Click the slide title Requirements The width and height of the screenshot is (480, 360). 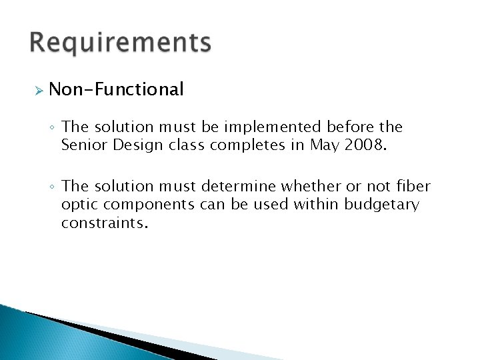(120, 43)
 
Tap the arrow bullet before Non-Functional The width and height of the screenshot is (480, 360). (39, 90)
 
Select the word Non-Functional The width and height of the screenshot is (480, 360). (116, 89)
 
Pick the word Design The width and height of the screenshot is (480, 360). (133, 144)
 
